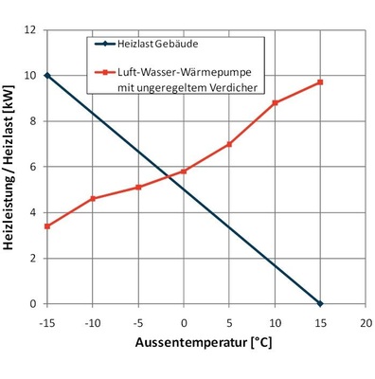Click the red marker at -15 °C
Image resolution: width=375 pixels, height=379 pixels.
point(47,226)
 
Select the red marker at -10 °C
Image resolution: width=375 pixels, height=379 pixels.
point(93,199)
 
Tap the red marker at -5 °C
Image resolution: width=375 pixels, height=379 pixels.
point(138,188)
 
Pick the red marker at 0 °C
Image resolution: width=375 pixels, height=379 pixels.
point(184,171)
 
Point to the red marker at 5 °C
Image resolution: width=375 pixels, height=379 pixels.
point(229,144)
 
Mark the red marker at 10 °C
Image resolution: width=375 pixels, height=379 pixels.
point(275,102)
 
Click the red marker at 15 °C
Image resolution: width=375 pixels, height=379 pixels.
point(320,82)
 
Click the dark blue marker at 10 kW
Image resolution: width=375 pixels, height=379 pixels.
point(47,76)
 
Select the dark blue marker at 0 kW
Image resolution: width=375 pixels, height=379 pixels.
point(320,303)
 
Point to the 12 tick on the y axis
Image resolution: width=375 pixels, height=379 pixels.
point(31,30)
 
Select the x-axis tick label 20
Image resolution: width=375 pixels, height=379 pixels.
point(366,323)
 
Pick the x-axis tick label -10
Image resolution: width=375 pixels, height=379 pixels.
point(93,323)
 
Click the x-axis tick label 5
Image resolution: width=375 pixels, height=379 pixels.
point(229,323)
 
